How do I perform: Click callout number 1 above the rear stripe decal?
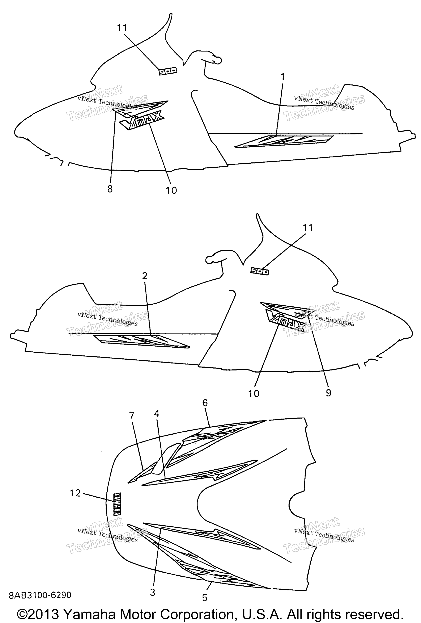coord(282,77)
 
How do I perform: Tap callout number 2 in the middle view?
coord(145,276)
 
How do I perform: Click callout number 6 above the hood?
coord(205,403)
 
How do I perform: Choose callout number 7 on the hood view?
coord(132,415)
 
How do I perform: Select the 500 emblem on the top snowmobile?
coord(168,71)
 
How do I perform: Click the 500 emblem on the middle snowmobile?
coord(260,272)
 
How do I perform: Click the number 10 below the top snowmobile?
coord(171,190)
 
